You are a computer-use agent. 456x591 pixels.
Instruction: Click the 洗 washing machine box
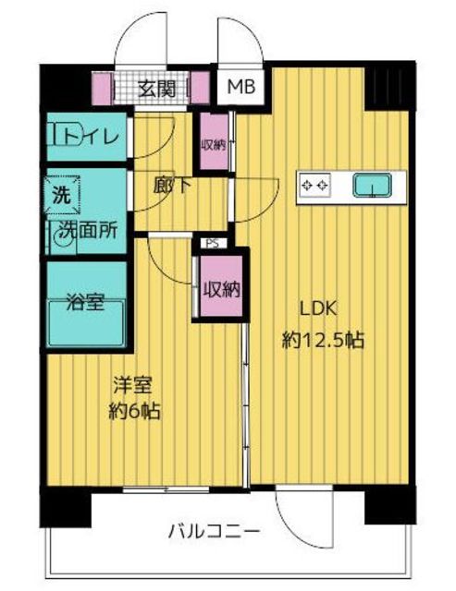(x=60, y=195)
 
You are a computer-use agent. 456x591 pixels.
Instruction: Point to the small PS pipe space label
(x=212, y=244)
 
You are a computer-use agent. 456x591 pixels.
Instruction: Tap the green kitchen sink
(x=372, y=186)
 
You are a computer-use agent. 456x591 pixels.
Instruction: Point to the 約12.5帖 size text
(x=323, y=340)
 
